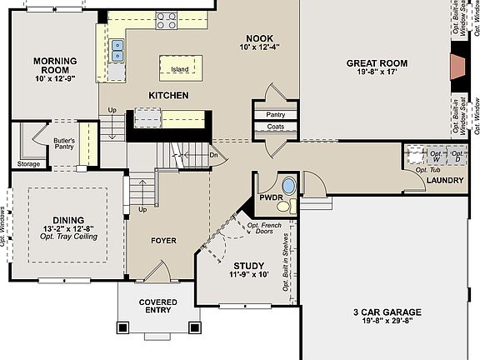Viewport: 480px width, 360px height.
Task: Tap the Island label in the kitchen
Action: tap(180, 69)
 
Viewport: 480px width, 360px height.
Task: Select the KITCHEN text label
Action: tap(168, 96)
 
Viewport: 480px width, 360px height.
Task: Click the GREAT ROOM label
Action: tap(377, 63)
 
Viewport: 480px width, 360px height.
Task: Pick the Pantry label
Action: tap(276, 114)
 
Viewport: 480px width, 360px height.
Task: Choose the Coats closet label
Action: tap(276, 127)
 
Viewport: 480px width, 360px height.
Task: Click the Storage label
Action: tap(27, 164)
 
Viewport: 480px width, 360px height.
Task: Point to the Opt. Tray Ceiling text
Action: tap(70, 237)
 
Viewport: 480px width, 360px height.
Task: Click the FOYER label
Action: tap(163, 241)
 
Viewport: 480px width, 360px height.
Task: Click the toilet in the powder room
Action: tap(284, 205)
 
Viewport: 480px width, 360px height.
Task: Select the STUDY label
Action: tap(247, 265)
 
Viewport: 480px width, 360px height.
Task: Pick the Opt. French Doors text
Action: tap(263, 228)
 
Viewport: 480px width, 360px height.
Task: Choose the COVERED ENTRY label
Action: tap(157, 306)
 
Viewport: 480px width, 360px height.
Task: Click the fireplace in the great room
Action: tap(458, 67)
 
